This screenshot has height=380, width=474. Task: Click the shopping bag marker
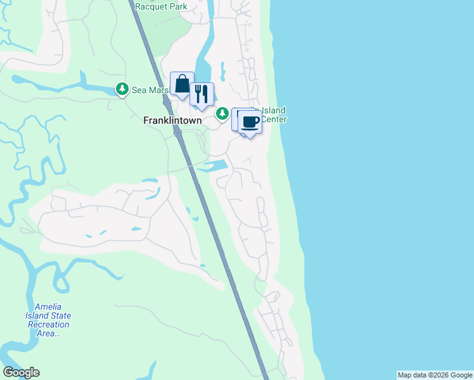[x=182, y=84]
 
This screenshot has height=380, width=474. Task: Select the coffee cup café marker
[x=250, y=122]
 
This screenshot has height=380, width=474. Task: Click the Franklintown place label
[x=172, y=120]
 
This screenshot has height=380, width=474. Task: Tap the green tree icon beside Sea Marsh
[x=122, y=90]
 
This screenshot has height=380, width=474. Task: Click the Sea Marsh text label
[x=150, y=91]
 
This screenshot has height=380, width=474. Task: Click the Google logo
[x=21, y=372]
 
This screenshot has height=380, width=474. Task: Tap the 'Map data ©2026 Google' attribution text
[x=435, y=375]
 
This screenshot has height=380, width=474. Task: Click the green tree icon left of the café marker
[x=222, y=113]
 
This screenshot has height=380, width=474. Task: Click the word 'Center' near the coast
[x=274, y=119]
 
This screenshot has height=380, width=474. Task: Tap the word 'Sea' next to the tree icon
[x=139, y=91]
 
